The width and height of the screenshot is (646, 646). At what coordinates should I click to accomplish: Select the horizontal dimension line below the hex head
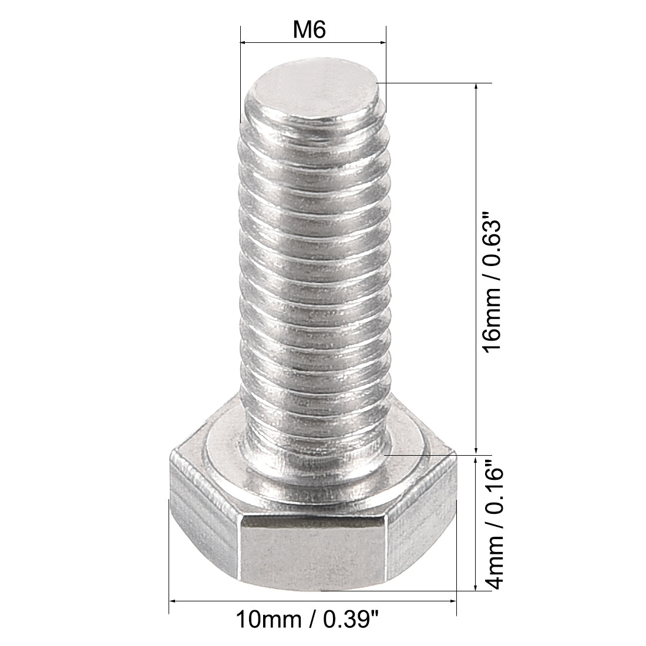click(312, 601)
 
